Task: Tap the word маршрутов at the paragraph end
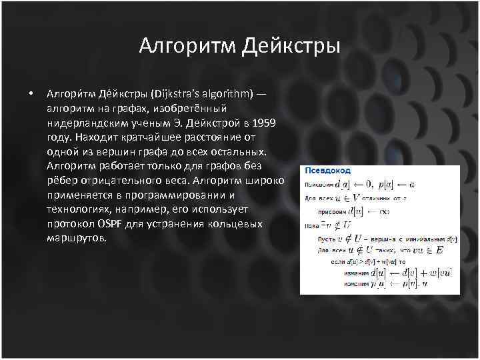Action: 76,239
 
